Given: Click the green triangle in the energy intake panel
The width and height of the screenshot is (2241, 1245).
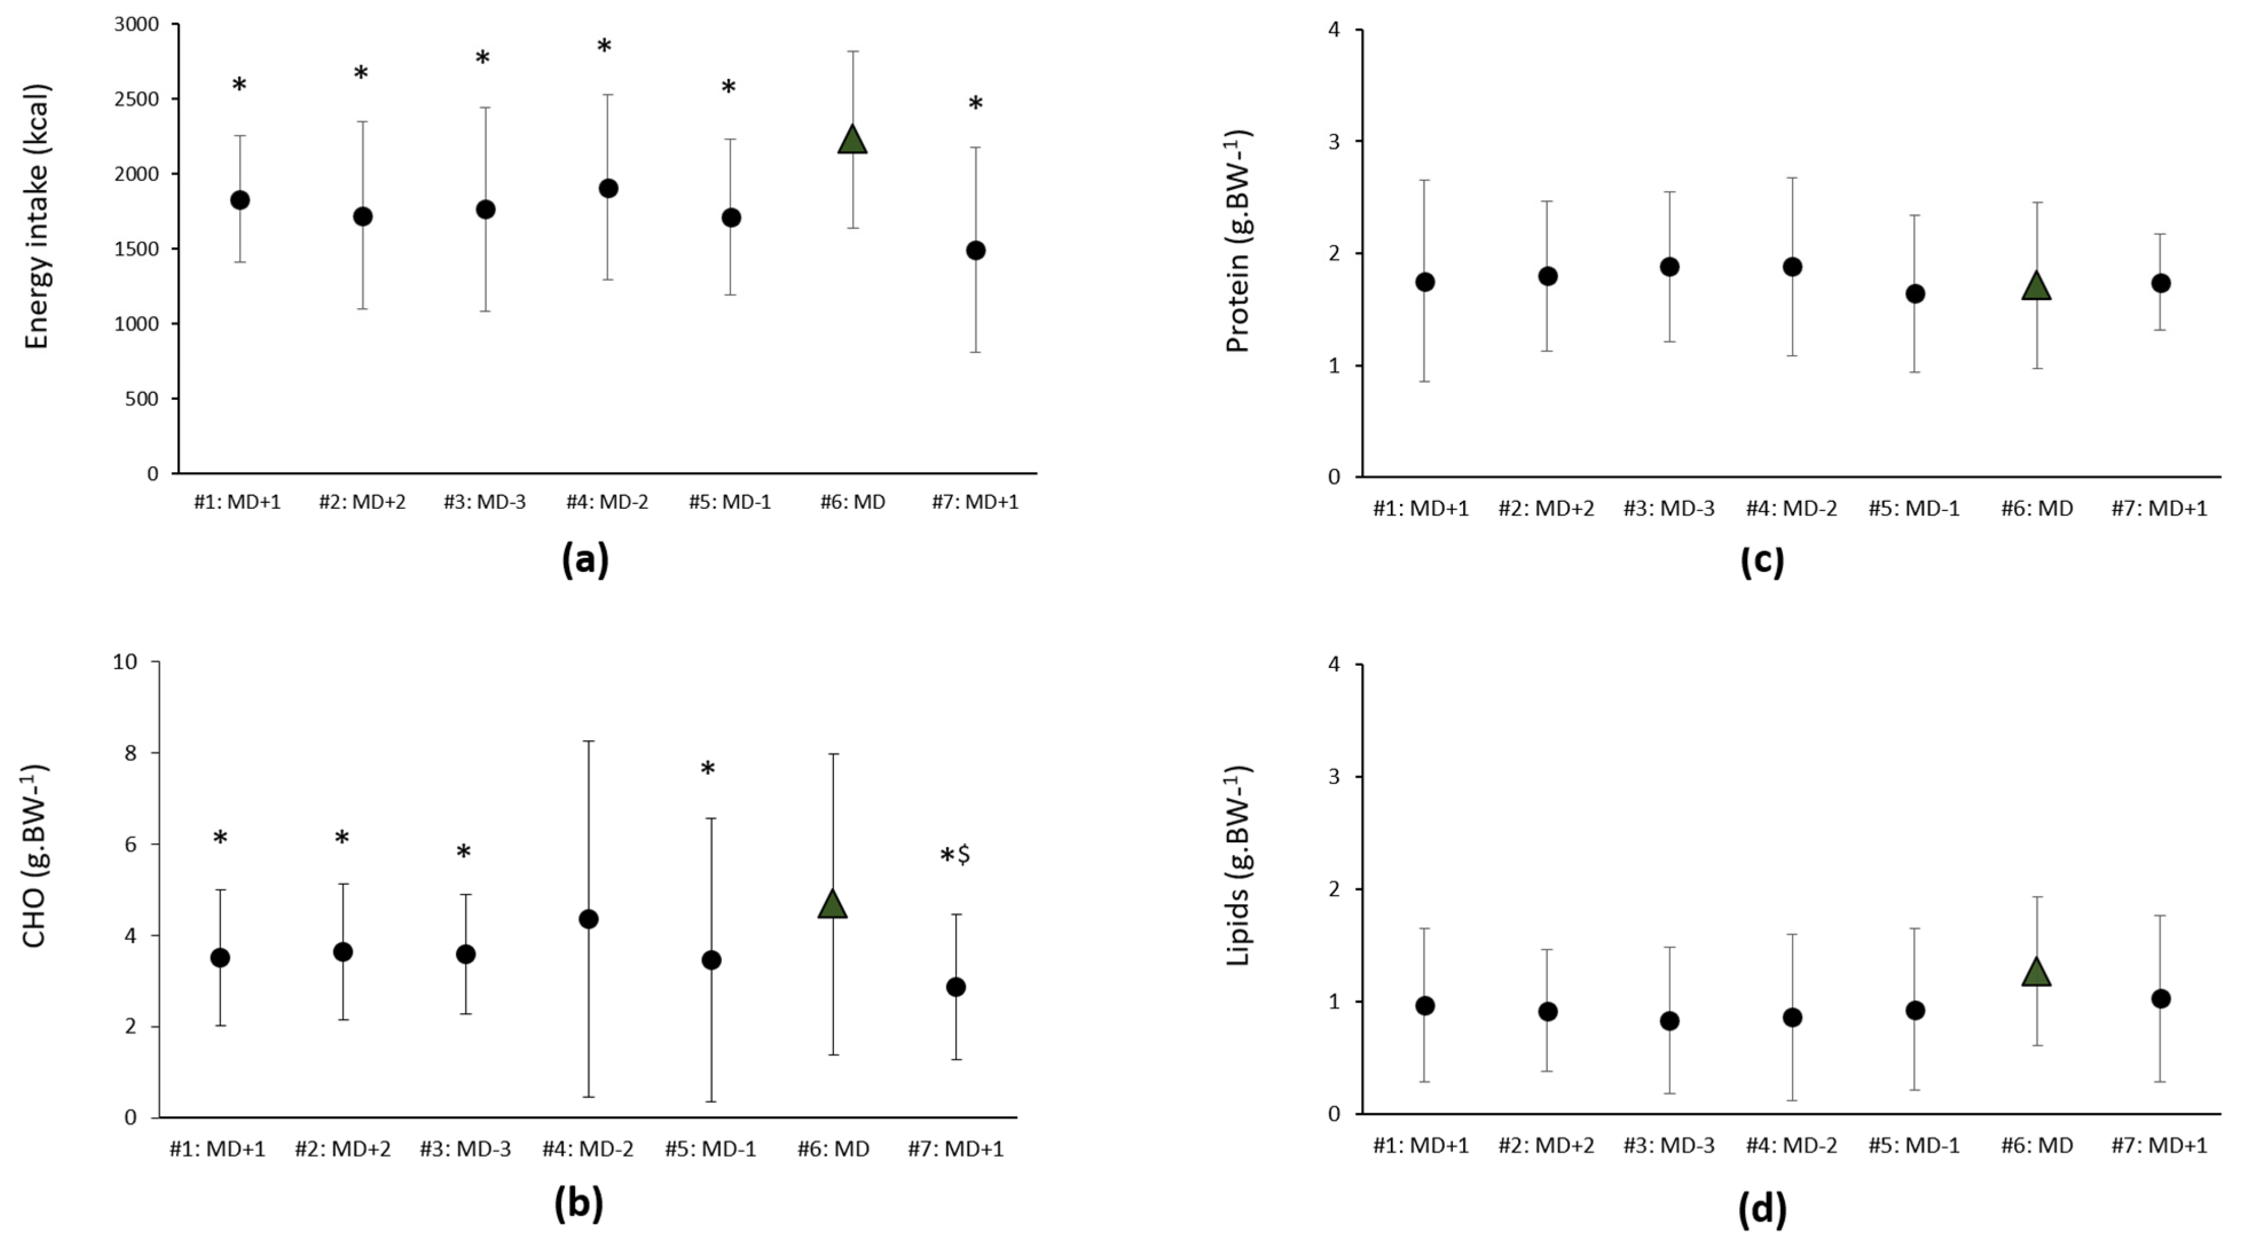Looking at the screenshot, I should [852, 140].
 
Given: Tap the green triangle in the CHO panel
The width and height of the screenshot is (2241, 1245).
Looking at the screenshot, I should [832, 905].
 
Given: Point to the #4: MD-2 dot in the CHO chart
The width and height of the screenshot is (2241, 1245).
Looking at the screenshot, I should [588, 919].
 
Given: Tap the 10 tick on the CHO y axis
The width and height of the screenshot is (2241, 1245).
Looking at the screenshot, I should [125, 661].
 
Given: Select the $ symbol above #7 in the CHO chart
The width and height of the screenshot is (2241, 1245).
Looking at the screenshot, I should [964, 854].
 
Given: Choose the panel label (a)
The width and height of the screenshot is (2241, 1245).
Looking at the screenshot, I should [585, 559].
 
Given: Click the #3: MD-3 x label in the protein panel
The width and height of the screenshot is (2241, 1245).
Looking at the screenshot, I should [1669, 509].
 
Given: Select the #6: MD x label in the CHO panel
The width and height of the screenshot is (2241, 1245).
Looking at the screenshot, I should [832, 1148].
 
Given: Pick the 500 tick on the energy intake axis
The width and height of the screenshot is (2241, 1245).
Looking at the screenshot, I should [143, 398].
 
